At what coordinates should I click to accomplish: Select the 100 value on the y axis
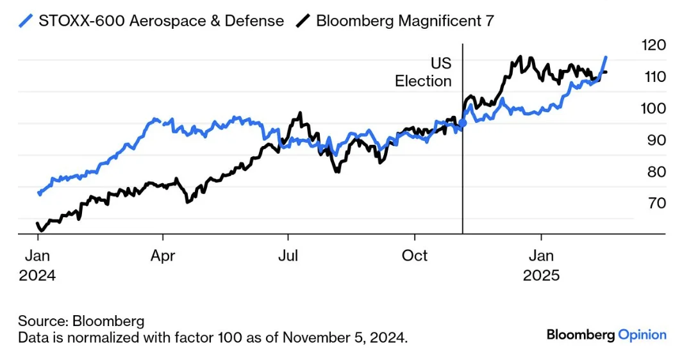(653, 108)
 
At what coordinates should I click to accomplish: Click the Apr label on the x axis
(163, 256)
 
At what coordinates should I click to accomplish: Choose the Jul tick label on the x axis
(288, 256)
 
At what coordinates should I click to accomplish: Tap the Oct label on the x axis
(414, 256)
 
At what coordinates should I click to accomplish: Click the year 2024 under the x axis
(37, 276)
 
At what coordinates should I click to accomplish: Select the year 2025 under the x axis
(541, 276)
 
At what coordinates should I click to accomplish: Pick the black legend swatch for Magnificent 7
(303, 20)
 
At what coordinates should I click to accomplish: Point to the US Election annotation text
(424, 72)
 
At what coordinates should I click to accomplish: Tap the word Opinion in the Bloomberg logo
(642, 334)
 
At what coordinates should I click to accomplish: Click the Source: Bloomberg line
(81, 321)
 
